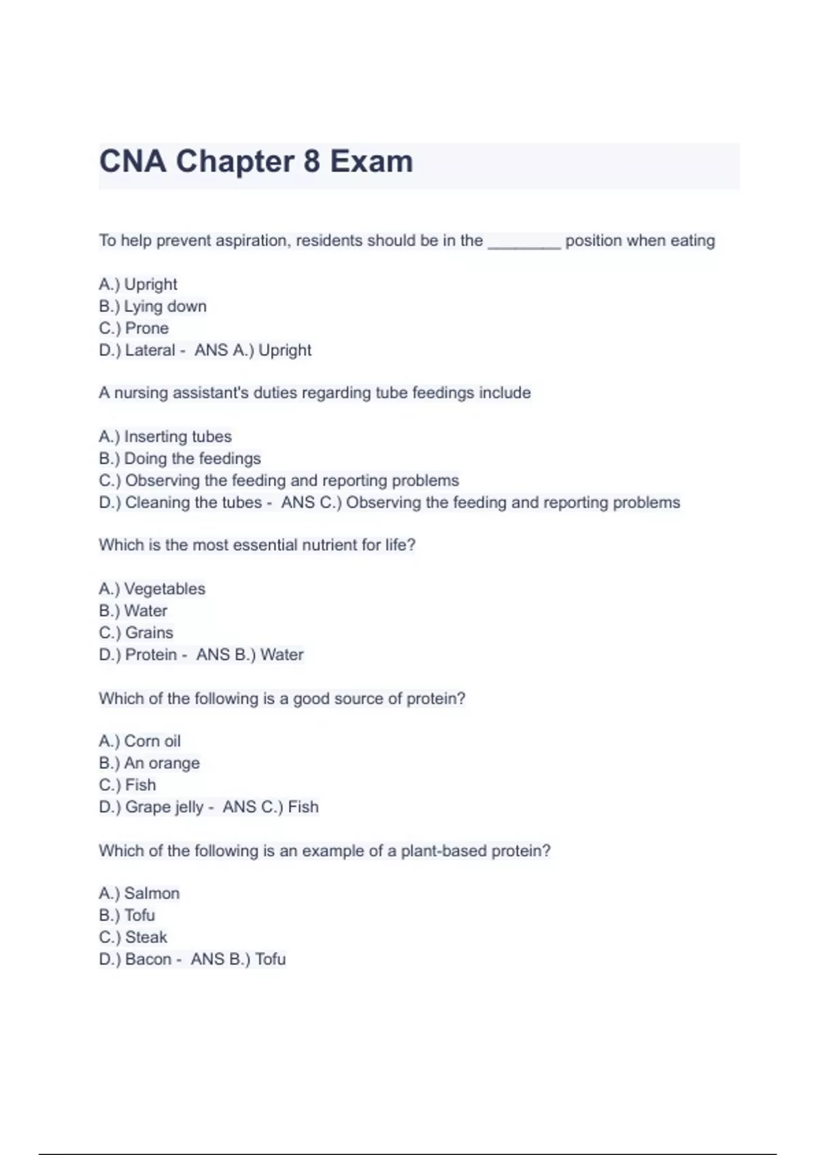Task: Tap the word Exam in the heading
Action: click(371, 162)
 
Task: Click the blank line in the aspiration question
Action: click(524, 242)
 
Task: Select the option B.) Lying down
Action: click(152, 306)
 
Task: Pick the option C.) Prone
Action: click(134, 328)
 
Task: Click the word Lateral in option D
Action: click(150, 351)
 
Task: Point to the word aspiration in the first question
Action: click(251, 241)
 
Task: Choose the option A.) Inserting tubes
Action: click(165, 437)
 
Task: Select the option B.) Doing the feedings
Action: click(180, 459)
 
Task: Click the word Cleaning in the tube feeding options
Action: click(157, 503)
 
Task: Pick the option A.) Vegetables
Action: click(152, 589)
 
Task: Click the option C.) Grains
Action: click(136, 633)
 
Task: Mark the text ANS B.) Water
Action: click(250, 655)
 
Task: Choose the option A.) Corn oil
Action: click(139, 741)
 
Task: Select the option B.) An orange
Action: click(149, 763)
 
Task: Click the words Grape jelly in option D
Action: click(164, 807)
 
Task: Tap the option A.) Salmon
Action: click(139, 893)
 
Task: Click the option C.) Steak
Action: click(133, 938)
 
